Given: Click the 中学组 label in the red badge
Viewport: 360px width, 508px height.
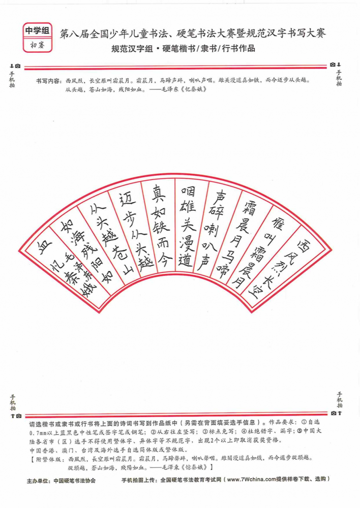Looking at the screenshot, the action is pos(38,31).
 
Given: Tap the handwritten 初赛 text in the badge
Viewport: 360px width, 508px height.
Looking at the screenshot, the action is pos(38,45).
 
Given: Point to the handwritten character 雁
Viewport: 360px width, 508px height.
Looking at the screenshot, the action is pos(277,224).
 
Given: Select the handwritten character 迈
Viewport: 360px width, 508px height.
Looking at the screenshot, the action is pos(127,201).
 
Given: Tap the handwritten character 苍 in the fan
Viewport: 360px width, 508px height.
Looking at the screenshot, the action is pos(119,252).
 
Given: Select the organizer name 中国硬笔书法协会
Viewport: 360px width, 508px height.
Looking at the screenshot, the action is pos(75,481).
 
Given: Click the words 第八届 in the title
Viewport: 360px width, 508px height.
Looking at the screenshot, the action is pos(71,34).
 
